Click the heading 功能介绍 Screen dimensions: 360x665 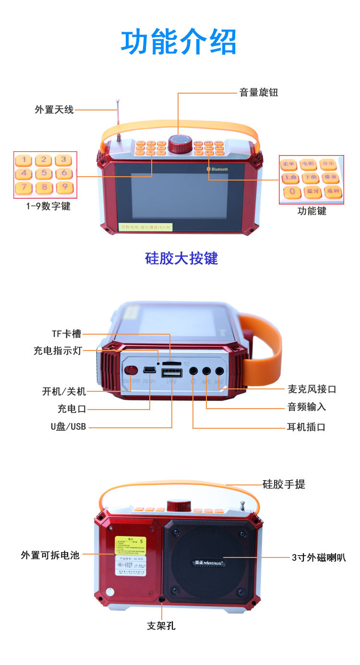[x=179, y=43]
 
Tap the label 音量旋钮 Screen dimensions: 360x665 [x=259, y=93]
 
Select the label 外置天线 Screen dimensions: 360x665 [x=54, y=109]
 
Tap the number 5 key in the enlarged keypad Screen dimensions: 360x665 [x=44, y=173]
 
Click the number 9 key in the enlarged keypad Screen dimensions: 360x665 [x=64, y=187]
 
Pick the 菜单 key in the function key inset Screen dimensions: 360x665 [x=289, y=165]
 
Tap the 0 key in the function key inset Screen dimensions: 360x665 [x=291, y=192]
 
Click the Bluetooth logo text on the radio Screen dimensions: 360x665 [x=219, y=169]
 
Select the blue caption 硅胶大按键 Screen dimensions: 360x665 [x=181, y=258]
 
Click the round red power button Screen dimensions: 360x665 [x=132, y=370]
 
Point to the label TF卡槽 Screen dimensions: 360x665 [x=66, y=334]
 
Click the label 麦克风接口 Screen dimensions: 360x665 [x=312, y=389]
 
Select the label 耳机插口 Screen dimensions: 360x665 [x=306, y=427]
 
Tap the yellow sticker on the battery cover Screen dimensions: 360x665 [x=130, y=547]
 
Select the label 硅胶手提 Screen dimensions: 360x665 [x=284, y=484]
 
